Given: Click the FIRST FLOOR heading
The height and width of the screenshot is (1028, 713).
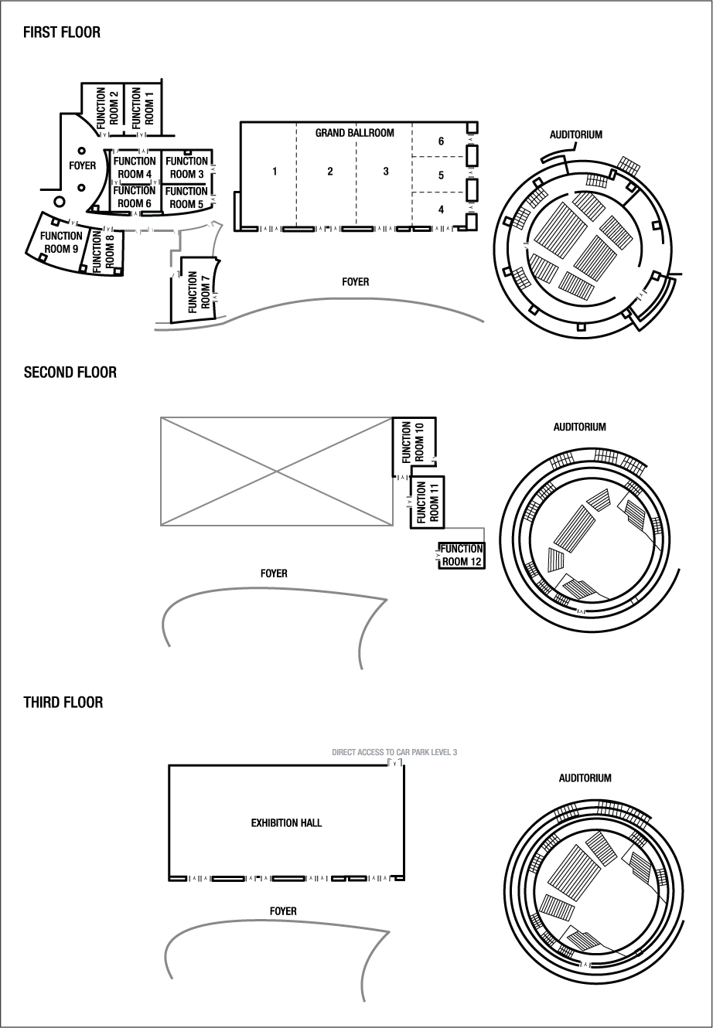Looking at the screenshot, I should pyautogui.click(x=62, y=32).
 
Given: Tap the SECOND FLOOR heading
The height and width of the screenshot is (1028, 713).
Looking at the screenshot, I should pyautogui.click(x=70, y=373).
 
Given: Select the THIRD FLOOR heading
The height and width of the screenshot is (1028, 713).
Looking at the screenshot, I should pyautogui.click(x=63, y=703).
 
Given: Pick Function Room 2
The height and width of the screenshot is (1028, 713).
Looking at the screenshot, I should pyautogui.click(x=107, y=107).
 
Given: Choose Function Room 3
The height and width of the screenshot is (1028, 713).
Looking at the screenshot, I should pyautogui.click(x=186, y=168).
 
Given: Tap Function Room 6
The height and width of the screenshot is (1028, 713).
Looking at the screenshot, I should pyautogui.click(x=135, y=197).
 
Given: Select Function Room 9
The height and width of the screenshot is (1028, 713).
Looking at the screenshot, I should pyautogui.click(x=61, y=242).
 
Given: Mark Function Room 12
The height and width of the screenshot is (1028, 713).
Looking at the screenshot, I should pyautogui.click(x=461, y=555).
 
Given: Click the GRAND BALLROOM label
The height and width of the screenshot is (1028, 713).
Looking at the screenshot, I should pyautogui.click(x=354, y=133).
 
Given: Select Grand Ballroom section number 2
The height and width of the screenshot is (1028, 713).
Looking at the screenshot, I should pyautogui.click(x=330, y=172).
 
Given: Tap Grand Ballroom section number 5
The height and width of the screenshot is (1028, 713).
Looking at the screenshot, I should pyautogui.click(x=441, y=175).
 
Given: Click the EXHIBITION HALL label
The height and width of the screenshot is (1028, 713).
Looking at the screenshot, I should pyautogui.click(x=286, y=823).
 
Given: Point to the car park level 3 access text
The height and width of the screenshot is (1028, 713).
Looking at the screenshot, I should pyautogui.click(x=394, y=752).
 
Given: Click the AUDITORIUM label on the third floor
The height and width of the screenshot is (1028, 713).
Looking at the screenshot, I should pyautogui.click(x=585, y=778).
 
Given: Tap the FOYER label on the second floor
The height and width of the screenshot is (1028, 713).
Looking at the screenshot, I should pyautogui.click(x=274, y=574).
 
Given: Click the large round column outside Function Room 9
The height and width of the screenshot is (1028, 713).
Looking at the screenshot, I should pyautogui.click(x=59, y=202).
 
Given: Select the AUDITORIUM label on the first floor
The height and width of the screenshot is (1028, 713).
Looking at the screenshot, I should pyautogui.click(x=575, y=134).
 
